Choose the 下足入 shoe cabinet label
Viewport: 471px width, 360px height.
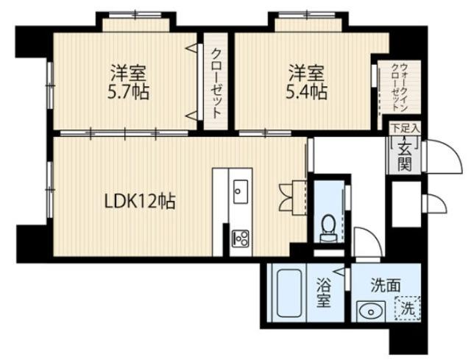click(x=404, y=129)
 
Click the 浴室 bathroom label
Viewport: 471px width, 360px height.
click(x=325, y=293)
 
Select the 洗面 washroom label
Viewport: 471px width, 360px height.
click(x=383, y=283)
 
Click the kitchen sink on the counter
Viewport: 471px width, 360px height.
click(x=241, y=193)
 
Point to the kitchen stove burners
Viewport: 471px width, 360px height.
click(x=241, y=238)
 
